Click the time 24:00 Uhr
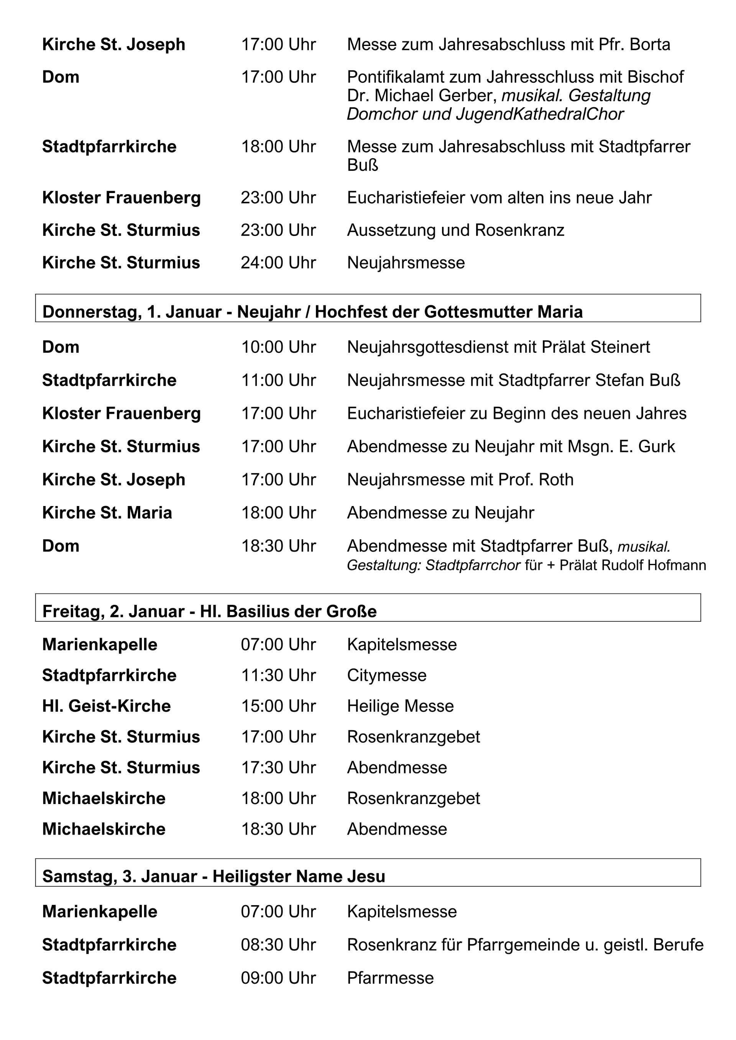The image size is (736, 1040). pos(278,263)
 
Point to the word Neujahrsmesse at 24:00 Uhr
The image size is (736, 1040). pos(406,263)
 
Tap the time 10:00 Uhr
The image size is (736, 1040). pos(278,347)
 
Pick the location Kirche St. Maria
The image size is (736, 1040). pos(107,513)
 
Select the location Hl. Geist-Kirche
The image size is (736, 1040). pos(107,706)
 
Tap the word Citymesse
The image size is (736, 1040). pos(386,675)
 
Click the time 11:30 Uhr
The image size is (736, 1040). pos(278,675)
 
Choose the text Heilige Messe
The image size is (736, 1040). pos(400,706)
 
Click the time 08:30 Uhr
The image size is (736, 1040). pos(278,945)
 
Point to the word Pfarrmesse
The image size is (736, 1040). pos(390,978)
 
